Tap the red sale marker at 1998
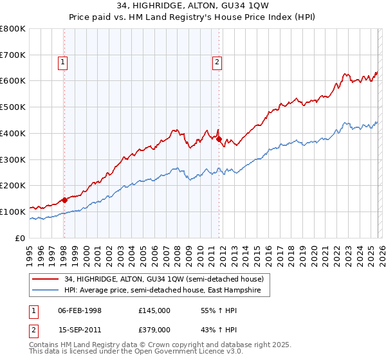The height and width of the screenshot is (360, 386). (x=64, y=200)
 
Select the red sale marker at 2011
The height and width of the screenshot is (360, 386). (x=219, y=139)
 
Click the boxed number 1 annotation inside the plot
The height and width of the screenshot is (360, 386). (x=63, y=62)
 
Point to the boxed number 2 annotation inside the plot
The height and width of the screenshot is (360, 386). (x=217, y=62)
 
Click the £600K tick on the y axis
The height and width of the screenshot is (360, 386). (x=13, y=81)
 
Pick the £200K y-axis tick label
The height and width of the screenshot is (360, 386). (x=13, y=186)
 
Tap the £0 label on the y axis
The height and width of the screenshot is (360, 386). (x=21, y=238)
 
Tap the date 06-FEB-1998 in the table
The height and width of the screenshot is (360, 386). (x=80, y=310)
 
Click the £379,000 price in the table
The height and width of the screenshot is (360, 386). (x=154, y=329)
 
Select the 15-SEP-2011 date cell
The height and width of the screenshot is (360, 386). (x=80, y=329)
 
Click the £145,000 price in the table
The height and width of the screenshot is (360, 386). (x=154, y=310)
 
